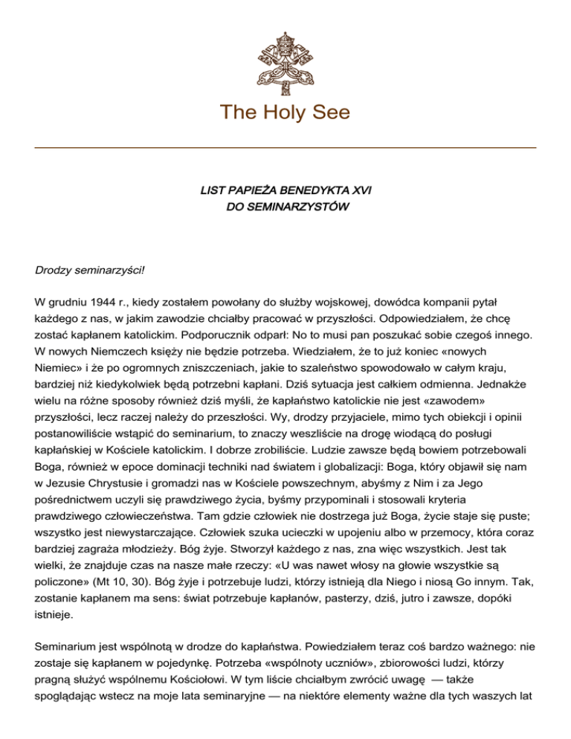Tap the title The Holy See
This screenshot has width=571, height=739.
(x=285, y=112)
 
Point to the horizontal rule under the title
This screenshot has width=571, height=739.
(x=285, y=148)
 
